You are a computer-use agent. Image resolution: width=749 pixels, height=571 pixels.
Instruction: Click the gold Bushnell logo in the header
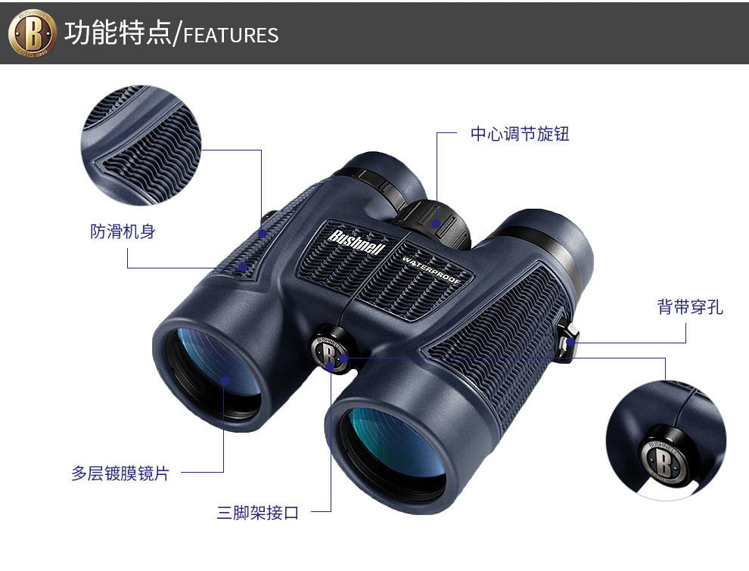33,33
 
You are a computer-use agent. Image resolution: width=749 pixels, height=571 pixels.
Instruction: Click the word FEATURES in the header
232,36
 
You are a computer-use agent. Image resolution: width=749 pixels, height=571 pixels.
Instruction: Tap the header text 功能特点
118,33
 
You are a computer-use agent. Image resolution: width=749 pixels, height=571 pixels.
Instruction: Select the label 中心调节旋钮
520,135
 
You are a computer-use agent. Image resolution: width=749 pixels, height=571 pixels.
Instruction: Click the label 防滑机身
123,231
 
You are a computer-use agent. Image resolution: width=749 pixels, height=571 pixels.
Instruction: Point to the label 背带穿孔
690,307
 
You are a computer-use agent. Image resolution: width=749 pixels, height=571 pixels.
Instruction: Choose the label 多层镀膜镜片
120,473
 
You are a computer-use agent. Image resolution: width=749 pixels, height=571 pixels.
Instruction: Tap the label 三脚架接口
258,513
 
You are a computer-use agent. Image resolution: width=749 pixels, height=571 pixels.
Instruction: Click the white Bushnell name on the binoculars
357,242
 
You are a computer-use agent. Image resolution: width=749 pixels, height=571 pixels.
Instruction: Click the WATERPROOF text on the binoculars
432,268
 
